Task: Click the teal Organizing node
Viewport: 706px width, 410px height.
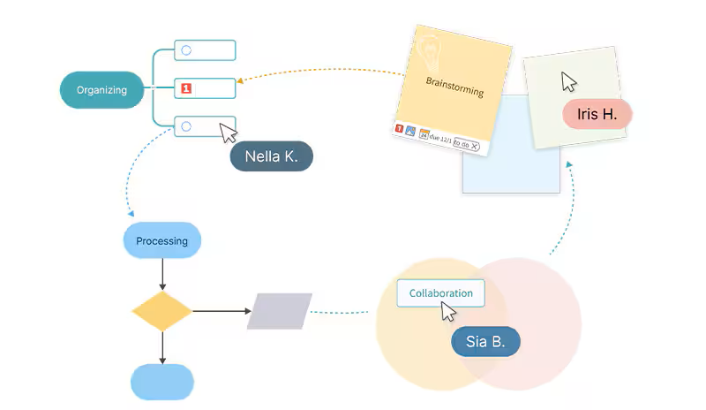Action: (x=101, y=89)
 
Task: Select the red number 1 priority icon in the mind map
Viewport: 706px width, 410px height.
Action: (x=186, y=88)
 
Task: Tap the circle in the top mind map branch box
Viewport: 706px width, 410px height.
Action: (x=186, y=50)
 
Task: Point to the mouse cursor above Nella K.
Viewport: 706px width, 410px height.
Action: (x=228, y=133)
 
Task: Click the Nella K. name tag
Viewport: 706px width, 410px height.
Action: (x=271, y=156)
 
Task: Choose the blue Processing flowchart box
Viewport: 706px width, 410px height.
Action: (x=162, y=240)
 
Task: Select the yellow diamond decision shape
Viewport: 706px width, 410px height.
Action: (x=162, y=311)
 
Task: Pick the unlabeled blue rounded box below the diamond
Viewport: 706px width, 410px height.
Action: (x=162, y=382)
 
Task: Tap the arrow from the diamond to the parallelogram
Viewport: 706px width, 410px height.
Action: (x=221, y=311)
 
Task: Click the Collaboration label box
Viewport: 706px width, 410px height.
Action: (x=440, y=292)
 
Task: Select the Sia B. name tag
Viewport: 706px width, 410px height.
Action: (x=484, y=342)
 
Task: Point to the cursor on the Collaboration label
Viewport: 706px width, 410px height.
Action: (x=447, y=311)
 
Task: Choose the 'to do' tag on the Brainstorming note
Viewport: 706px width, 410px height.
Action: (x=467, y=145)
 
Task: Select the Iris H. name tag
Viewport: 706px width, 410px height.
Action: (x=597, y=115)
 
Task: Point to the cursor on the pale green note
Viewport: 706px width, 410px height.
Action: (x=569, y=81)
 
